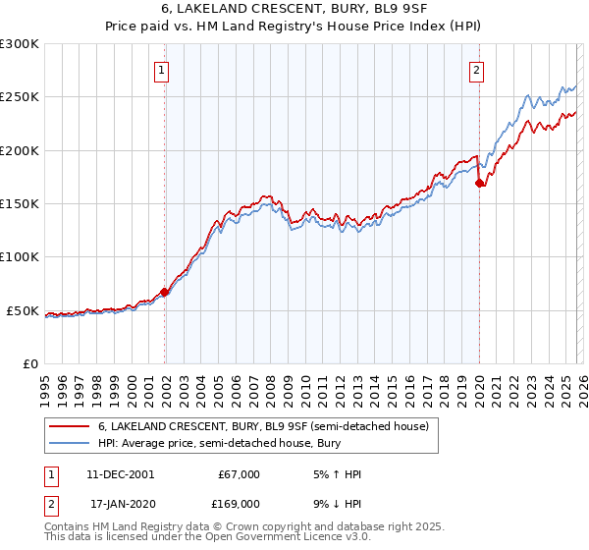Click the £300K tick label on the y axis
20,44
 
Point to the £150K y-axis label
20,204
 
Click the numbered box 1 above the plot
161,70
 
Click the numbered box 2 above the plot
476,70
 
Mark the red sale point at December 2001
165,292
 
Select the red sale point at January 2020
479,183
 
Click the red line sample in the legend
69,427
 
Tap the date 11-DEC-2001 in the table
120,474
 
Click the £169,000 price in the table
239,503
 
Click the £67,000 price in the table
239,474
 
